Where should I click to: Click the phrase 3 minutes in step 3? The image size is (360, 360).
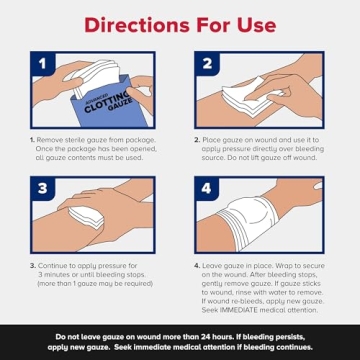60,274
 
